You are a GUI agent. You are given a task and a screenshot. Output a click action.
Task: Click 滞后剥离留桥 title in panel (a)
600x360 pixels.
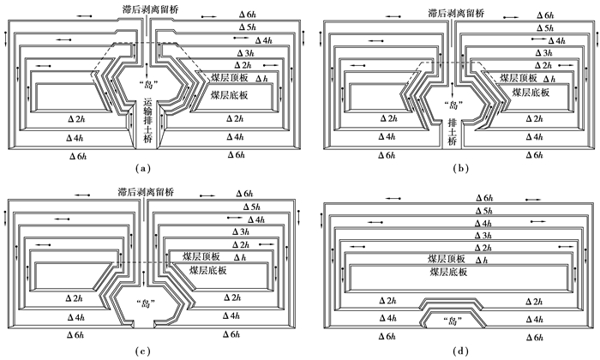pyautogui.click(x=147, y=8)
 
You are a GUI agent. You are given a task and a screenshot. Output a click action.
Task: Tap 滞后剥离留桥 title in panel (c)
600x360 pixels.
pyautogui.click(x=147, y=189)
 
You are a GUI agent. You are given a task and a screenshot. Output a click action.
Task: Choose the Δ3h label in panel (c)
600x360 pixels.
pyautogui.click(x=243, y=232)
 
